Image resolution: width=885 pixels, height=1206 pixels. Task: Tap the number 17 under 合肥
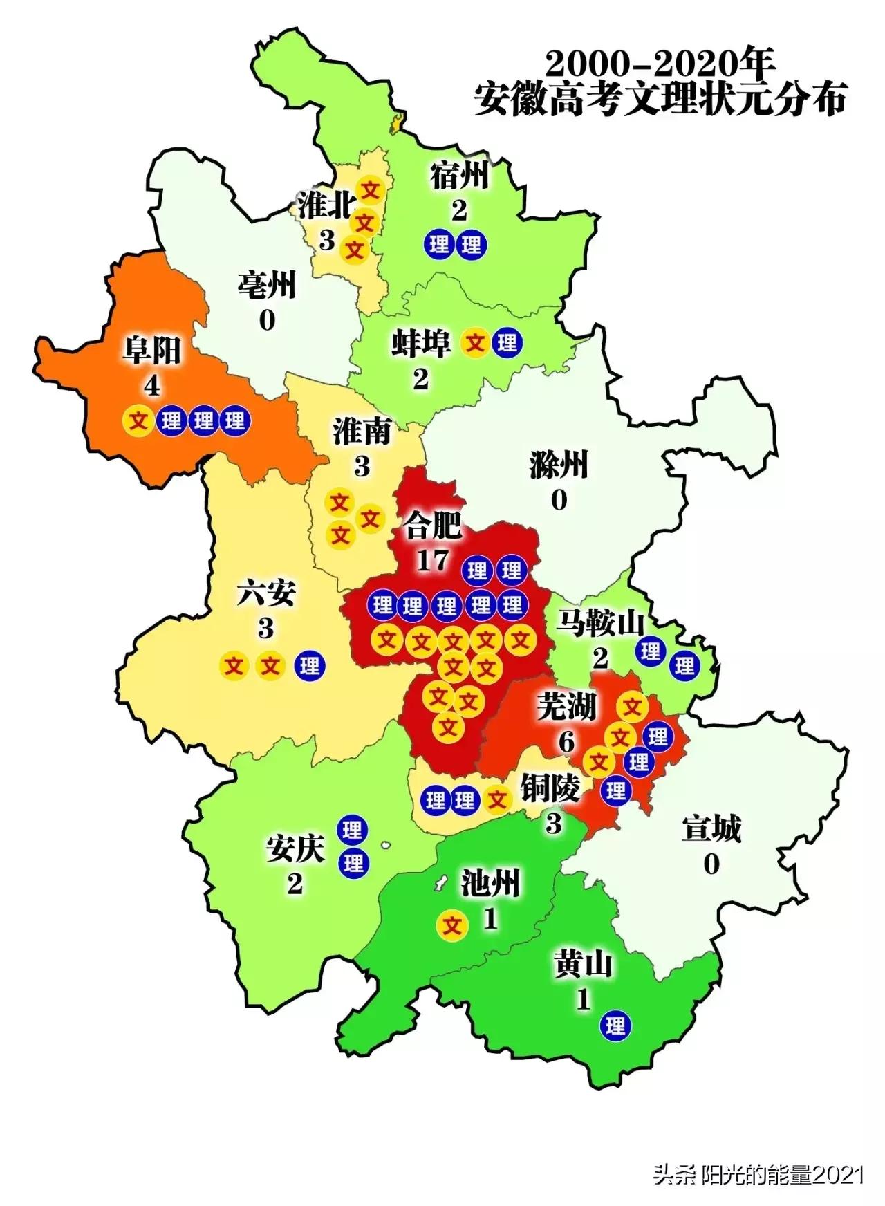433,559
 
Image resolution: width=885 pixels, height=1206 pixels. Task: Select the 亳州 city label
267,285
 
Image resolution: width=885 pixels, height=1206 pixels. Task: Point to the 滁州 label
559,464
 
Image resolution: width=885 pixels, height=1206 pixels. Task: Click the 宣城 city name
711,828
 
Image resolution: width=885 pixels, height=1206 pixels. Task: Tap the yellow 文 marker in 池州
453,924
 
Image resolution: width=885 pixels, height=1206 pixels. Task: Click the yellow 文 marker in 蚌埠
476,342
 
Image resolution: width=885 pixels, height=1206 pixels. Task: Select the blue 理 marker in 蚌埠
507,342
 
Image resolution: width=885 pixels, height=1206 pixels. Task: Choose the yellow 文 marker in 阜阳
138,420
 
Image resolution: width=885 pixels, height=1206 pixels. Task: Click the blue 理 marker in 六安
310,665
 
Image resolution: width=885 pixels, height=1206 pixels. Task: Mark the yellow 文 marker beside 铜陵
496,800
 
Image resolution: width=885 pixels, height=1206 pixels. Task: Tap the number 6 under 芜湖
567,741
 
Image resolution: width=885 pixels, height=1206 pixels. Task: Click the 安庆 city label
295,851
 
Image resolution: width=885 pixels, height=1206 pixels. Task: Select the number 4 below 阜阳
152,385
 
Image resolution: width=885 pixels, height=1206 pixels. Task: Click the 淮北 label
326,205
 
